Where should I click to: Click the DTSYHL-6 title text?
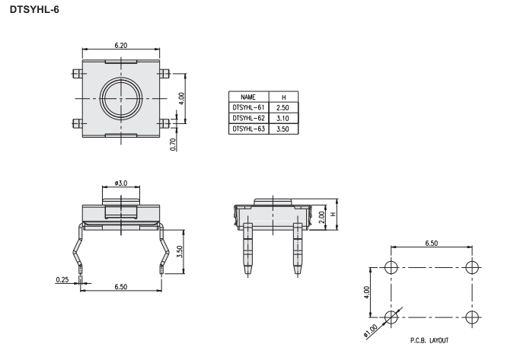click(34, 10)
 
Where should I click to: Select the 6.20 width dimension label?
click(121, 45)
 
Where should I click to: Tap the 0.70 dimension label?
click(173, 145)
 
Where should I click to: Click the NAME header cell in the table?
click(248, 97)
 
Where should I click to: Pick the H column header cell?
click(283, 97)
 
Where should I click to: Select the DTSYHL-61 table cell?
click(249, 107)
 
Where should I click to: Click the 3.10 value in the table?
click(282, 119)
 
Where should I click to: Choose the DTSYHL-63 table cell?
click(249, 129)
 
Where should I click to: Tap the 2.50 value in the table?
click(282, 108)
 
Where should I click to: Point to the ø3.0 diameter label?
click(121, 183)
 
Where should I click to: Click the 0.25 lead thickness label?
click(62, 280)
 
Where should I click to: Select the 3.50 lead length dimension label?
click(180, 252)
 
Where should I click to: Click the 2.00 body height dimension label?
click(322, 217)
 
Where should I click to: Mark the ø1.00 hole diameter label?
click(371, 331)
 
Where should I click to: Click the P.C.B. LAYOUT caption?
click(429, 340)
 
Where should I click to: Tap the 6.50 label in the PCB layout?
click(431, 244)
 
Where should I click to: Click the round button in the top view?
click(121, 98)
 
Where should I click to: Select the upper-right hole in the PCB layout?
click(472, 267)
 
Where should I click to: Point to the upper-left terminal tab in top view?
click(77, 74)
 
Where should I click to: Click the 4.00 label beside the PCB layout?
click(366, 292)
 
